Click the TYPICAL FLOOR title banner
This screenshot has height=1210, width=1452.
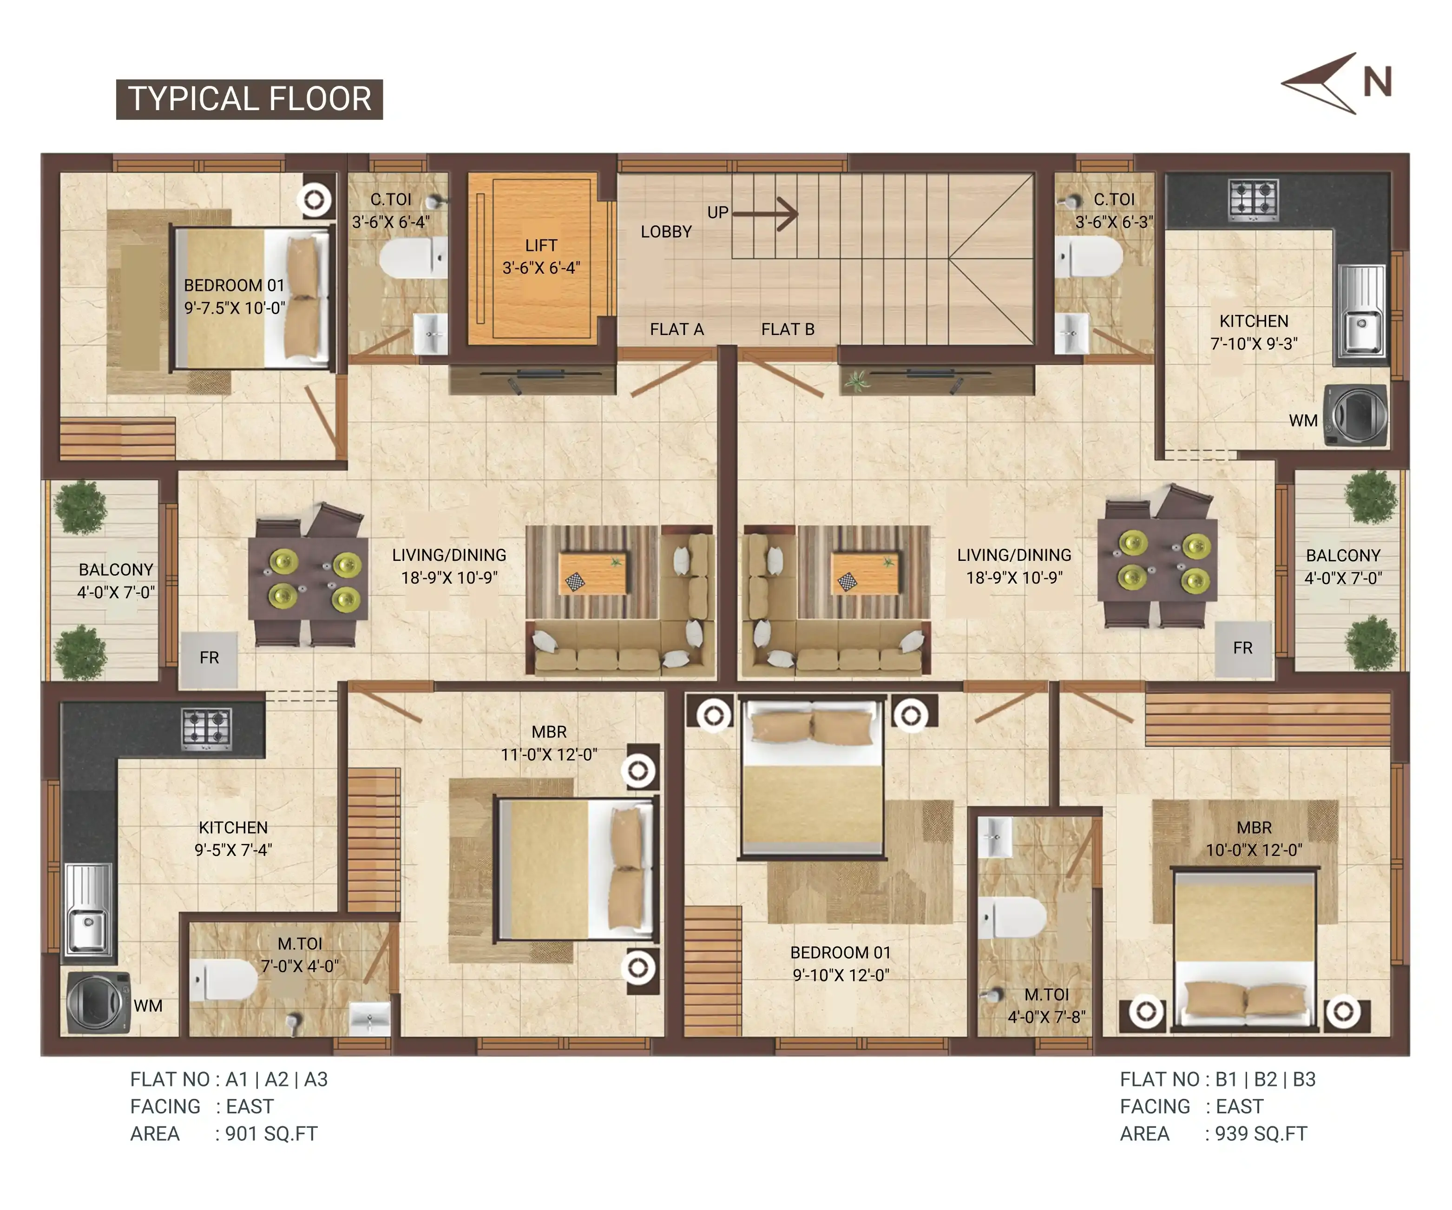[x=249, y=99]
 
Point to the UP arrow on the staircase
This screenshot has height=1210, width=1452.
[x=765, y=214]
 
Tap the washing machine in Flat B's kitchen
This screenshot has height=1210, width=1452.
[x=1355, y=415]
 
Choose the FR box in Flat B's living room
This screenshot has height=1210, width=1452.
[x=1242, y=649]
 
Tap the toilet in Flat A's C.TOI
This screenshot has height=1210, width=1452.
[x=413, y=257]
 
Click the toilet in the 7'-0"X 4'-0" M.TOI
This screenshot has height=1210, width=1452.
[x=224, y=979]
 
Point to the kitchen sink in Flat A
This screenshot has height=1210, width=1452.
[x=88, y=909]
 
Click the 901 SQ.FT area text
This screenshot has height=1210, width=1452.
[x=271, y=1134]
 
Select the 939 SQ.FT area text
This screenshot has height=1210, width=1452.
[x=1261, y=1134]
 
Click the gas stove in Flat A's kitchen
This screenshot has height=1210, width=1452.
[x=206, y=729]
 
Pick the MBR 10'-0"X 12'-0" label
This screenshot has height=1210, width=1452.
[x=1254, y=839]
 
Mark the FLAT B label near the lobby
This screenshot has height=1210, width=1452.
[x=788, y=329]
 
